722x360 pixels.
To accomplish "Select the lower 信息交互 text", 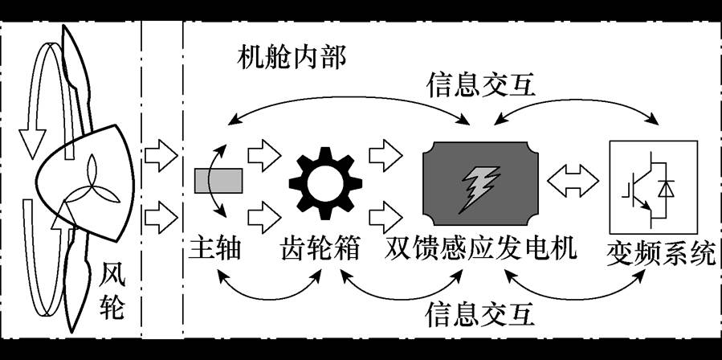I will (481, 312).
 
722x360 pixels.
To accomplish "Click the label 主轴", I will (215, 251).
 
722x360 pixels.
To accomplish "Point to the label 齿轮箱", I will (320, 251).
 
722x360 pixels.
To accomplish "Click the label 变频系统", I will (661, 254).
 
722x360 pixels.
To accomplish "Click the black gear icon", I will (320, 184).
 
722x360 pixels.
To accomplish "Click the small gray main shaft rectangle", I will (217, 181).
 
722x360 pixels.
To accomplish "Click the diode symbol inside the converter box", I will (666, 187).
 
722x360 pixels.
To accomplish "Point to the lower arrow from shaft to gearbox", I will (261, 215).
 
